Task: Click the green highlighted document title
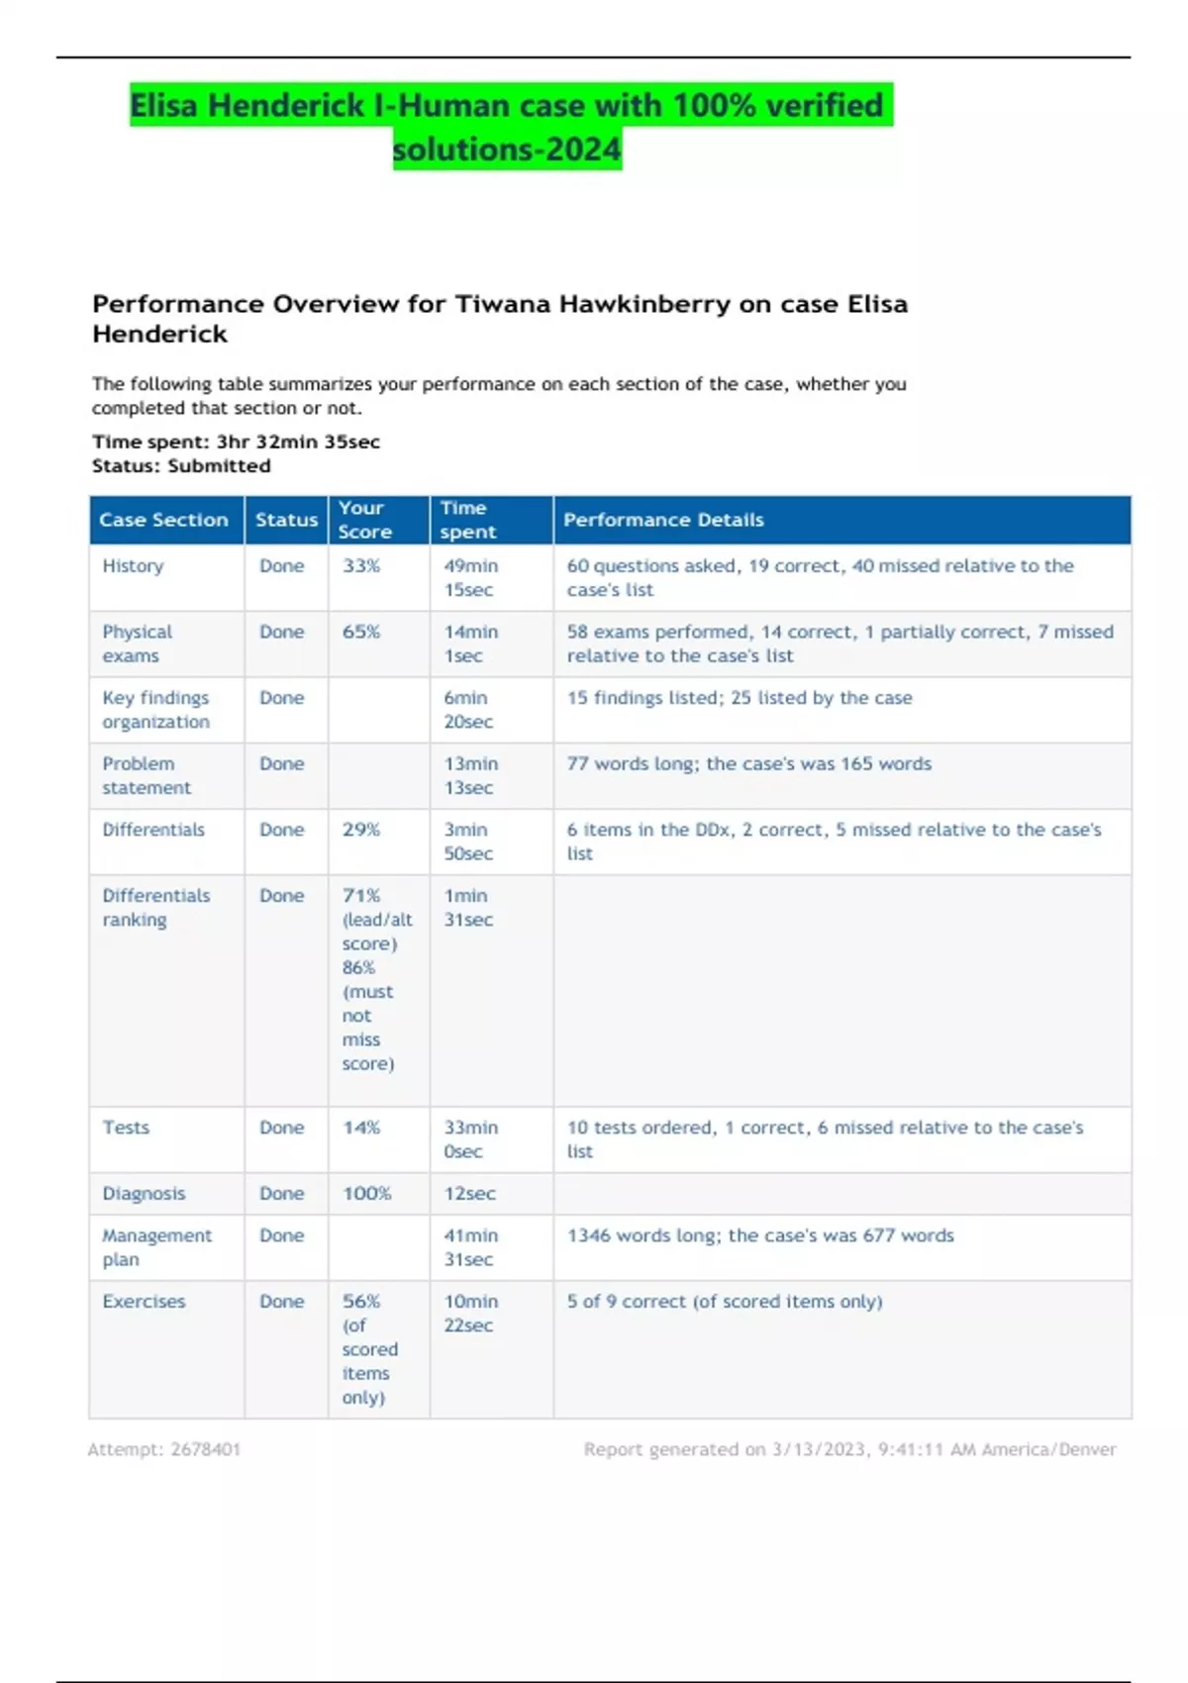tap(510, 127)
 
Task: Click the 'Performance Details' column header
tap(663, 520)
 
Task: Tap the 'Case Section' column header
tap(163, 520)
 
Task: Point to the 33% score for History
tap(361, 566)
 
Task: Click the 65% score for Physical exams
tap(361, 632)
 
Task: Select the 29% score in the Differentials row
tap(361, 830)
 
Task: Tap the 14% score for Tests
tap(361, 1128)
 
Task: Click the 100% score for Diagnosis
tap(366, 1194)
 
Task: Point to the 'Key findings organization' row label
tap(156, 710)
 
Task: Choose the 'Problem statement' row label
tap(147, 776)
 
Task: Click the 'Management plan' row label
tap(156, 1247)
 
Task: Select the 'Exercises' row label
tap(144, 1302)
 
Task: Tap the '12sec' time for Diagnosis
tap(469, 1194)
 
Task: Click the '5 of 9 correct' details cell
tap(724, 1302)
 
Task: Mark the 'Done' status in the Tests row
tap(281, 1128)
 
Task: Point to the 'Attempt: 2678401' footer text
tap(164, 1449)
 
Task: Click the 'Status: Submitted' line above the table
tap(181, 466)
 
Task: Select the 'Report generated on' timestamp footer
tap(849, 1449)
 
